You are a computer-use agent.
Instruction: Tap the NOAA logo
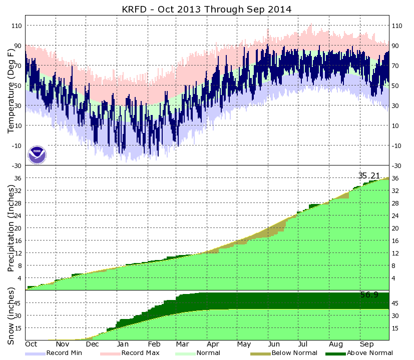click(37, 155)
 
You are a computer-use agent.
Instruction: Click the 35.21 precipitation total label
click(370, 175)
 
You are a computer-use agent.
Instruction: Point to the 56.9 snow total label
click(369, 295)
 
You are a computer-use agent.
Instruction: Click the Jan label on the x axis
click(122, 344)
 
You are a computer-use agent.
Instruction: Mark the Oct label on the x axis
click(32, 344)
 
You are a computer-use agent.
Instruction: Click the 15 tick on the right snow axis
click(395, 328)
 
